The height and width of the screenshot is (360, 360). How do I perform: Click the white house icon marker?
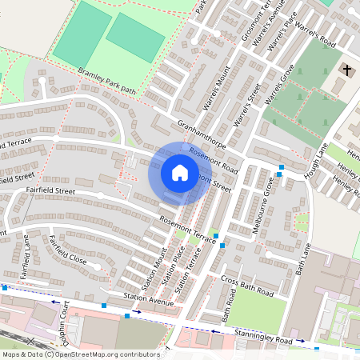180,173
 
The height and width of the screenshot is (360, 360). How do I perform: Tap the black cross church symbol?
346,70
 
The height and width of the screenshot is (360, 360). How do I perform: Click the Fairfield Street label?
50,190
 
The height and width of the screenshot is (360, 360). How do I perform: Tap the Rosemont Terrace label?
188,230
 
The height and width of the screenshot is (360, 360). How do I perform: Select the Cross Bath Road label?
247,288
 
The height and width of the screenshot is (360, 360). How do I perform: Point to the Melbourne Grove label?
262,206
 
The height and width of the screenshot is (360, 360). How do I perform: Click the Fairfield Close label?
67,250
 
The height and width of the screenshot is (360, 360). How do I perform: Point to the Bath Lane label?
302,262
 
